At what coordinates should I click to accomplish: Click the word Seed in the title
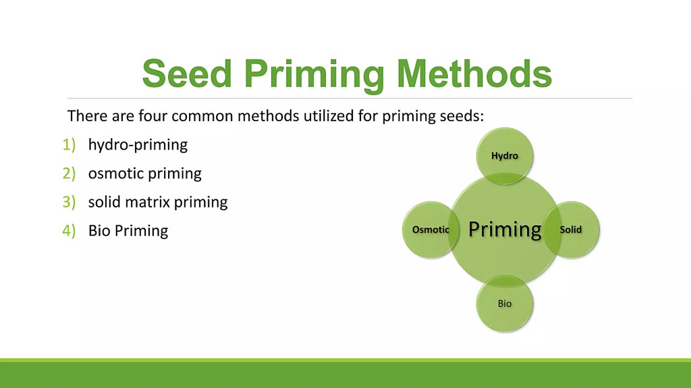[188, 73]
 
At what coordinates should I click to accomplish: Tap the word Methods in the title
[474, 73]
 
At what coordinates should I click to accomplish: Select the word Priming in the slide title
[314, 75]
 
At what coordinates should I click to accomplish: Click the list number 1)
[70, 144]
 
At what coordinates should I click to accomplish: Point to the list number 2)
[70, 173]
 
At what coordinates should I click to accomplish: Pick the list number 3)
[70, 202]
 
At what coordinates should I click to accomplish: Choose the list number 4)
[70, 230]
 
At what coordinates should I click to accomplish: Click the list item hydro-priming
[138, 145]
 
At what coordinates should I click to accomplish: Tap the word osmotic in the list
[115, 173]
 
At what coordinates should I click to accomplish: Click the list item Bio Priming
[128, 231]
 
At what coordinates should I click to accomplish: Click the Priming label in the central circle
[505, 230]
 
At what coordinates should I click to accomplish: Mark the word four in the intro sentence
[153, 116]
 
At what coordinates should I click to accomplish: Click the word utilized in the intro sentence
[329, 116]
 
